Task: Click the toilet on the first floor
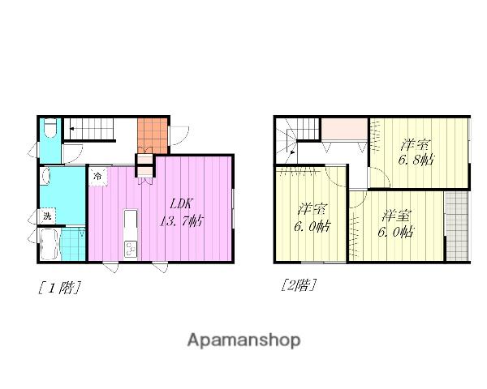click(x=50, y=128)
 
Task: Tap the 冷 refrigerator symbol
click(x=98, y=177)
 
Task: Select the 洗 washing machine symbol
click(x=47, y=216)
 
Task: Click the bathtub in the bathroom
click(x=50, y=245)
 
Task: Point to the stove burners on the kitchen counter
click(x=130, y=249)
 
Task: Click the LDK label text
click(x=182, y=203)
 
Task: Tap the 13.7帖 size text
click(x=182, y=221)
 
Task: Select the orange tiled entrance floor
click(x=153, y=135)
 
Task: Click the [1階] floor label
click(x=59, y=288)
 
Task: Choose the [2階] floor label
click(x=299, y=284)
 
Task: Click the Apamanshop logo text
click(x=243, y=340)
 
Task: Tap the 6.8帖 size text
click(x=416, y=160)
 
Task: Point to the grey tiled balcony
click(x=457, y=226)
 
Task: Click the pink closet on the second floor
click(x=344, y=129)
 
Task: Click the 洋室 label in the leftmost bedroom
click(x=312, y=209)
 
